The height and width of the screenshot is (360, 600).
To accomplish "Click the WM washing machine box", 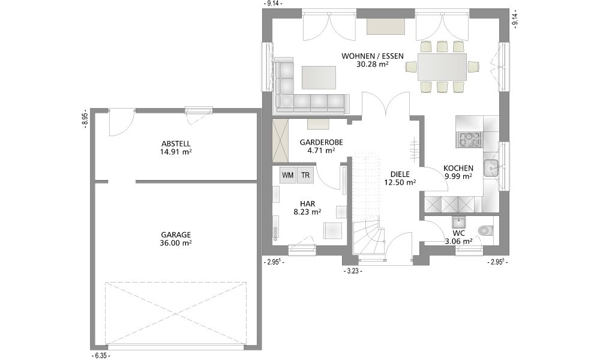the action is (x=288, y=175).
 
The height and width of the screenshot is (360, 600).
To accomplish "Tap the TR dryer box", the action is (x=305, y=175).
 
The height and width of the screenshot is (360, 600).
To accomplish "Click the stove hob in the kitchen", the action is (x=470, y=140).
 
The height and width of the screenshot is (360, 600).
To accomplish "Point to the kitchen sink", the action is (x=492, y=168).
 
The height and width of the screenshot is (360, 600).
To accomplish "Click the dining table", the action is (x=442, y=67).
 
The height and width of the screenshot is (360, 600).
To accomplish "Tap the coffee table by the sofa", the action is (x=319, y=77).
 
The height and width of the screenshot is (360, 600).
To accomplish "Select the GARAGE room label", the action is (x=176, y=235).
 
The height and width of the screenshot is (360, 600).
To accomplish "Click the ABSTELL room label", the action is (x=176, y=144).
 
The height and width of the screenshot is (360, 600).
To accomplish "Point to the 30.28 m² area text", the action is (x=373, y=64).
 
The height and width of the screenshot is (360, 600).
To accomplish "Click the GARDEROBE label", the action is (x=322, y=142).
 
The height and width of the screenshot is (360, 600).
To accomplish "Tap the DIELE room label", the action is (x=400, y=175).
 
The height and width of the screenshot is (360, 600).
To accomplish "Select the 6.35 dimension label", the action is (x=101, y=356).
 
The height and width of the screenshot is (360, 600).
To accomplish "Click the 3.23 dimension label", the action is (x=353, y=271).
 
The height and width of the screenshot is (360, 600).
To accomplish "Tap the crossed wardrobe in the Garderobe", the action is (x=281, y=140).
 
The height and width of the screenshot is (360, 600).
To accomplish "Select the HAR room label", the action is (x=307, y=204).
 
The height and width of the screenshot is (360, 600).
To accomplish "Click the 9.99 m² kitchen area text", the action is (x=458, y=176).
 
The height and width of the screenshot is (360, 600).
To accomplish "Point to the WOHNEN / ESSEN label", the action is (x=373, y=56).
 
